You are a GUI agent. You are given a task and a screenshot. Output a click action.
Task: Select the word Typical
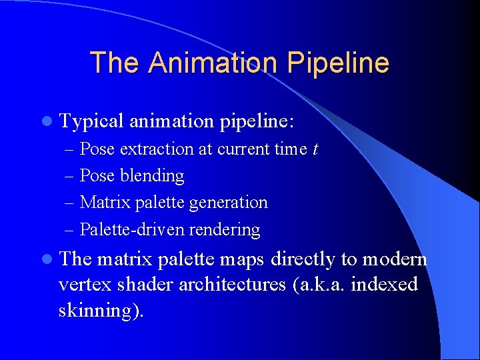tap(92, 121)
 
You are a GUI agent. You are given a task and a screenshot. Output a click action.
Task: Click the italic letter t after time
tap(315, 149)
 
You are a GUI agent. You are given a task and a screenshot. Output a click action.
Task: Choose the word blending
tap(152, 176)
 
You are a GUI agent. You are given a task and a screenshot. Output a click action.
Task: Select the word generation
tap(228, 203)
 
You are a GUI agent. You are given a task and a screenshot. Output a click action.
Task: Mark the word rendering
tap(225, 230)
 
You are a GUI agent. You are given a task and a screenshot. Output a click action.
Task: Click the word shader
tap(141, 285)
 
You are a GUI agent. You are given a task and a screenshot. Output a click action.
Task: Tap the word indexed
tap(385, 285)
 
